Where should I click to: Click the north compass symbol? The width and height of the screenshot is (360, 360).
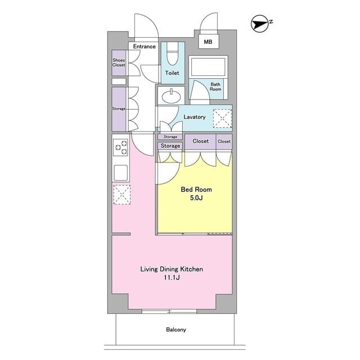click(x=260, y=24)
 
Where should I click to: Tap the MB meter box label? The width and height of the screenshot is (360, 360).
click(x=208, y=42)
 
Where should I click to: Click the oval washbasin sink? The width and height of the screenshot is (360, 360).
click(x=171, y=96)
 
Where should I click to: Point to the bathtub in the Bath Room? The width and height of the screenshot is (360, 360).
click(x=208, y=67)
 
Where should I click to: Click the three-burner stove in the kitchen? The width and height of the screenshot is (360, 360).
click(x=121, y=147)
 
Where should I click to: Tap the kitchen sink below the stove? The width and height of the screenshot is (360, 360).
click(x=121, y=173)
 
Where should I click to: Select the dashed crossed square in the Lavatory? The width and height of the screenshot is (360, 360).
click(x=222, y=118)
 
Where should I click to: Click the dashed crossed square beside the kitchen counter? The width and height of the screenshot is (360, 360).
click(x=122, y=195)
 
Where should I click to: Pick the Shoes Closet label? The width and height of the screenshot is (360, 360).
click(x=119, y=62)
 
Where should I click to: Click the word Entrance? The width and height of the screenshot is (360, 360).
click(x=144, y=46)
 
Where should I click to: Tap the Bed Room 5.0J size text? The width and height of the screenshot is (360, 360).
click(x=196, y=198)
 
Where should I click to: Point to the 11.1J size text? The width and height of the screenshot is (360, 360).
click(x=172, y=277)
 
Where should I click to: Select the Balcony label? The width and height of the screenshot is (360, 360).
click(x=176, y=330)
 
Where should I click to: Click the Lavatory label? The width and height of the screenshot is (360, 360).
click(x=194, y=117)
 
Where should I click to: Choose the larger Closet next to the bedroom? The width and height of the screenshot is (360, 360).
click(x=200, y=141)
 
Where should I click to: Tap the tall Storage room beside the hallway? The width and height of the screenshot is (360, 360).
click(x=119, y=109)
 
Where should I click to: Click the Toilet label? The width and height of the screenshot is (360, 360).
click(x=172, y=73)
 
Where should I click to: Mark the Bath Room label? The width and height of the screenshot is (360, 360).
click(x=215, y=87)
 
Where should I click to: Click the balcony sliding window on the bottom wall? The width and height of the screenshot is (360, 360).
click(x=169, y=312)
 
